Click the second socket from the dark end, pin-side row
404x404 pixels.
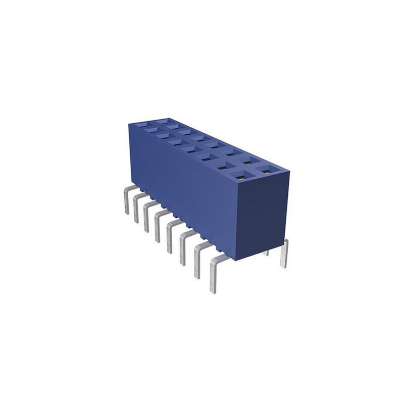(225, 167)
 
